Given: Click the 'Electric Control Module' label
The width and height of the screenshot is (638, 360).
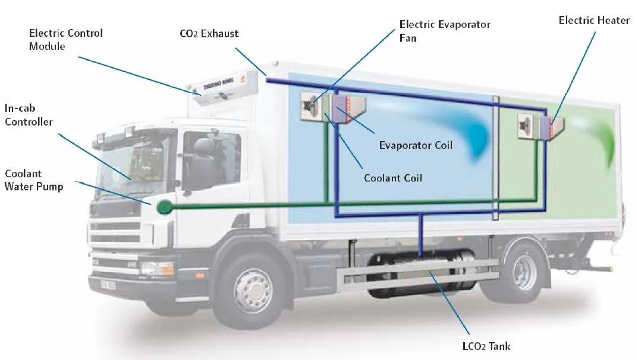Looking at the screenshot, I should (x=65, y=39).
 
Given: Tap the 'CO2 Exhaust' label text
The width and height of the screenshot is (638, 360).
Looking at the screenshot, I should (x=209, y=33).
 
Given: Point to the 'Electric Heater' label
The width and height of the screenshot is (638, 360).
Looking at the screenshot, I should (x=593, y=21).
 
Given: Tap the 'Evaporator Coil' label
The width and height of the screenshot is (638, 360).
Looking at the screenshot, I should (x=416, y=145).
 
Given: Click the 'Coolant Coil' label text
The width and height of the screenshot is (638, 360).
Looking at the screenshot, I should (x=392, y=177).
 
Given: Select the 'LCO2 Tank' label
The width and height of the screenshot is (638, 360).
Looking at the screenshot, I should (x=482, y=346).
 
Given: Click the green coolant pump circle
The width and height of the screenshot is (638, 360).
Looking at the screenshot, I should (x=163, y=208).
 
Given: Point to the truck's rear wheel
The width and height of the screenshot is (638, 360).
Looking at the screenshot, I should (x=521, y=271).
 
